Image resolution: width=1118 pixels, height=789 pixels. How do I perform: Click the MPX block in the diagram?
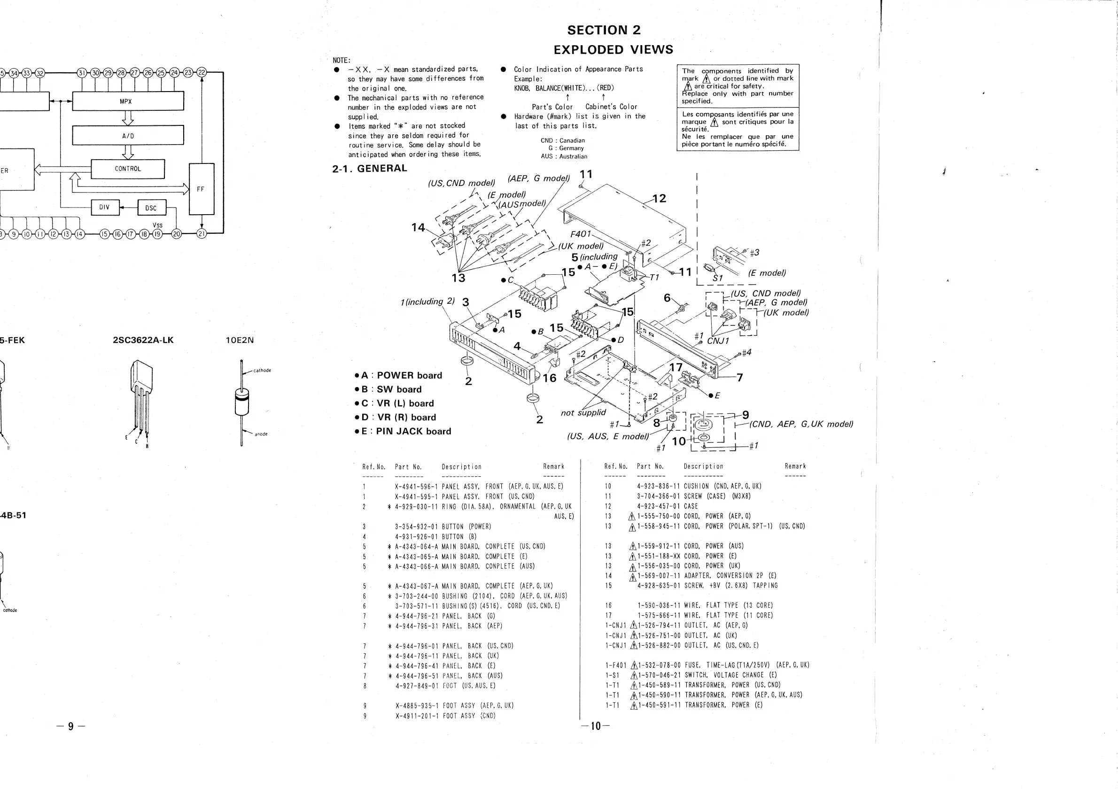click(128, 101)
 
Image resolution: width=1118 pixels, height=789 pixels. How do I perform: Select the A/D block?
click(128, 135)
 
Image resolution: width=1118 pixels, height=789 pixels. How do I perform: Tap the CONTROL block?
click(128, 169)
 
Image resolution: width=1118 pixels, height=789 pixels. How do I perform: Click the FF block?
click(201, 189)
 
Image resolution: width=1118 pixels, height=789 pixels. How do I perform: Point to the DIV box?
click(105, 208)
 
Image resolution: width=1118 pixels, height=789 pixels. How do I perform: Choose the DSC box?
click(151, 208)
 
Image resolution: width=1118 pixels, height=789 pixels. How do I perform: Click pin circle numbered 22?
click(202, 73)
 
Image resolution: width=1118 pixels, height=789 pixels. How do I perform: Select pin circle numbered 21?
click(202, 234)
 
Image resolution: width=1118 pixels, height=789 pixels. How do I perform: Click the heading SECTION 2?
click(603, 30)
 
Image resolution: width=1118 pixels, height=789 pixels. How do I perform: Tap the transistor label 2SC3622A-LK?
click(143, 340)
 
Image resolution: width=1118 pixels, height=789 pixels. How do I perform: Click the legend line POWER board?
click(401, 375)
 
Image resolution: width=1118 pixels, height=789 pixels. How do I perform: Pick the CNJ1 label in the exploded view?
click(718, 340)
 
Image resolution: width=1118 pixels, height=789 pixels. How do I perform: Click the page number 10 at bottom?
click(595, 726)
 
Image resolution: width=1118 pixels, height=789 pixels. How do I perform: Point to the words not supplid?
click(583, 413)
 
